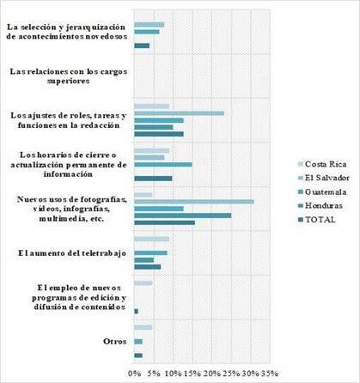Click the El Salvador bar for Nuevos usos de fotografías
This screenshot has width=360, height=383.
tap(194, 202)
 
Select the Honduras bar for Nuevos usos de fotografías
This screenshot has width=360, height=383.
tap(183, 216)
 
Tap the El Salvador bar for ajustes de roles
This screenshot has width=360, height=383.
tap(179, 113)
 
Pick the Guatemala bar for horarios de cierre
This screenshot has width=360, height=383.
tap(163, 165)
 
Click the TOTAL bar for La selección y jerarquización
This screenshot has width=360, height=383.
tap(142, 46)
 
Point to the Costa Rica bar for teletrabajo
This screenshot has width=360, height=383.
tap(152, 239)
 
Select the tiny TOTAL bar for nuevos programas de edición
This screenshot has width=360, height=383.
tap(136, 311)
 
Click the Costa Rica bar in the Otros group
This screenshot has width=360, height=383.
tap(143, 327)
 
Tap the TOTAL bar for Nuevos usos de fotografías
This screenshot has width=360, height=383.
tap(165, 222)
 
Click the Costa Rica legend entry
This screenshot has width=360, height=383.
tap(322, 164)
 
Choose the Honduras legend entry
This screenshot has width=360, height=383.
tap(320, 205)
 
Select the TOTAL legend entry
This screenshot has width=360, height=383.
tap(317, 220)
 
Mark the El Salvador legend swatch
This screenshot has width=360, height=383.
tap(300, 178)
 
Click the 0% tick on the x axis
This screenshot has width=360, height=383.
tap(135, 374)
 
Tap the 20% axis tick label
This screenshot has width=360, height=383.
tap(212, 374)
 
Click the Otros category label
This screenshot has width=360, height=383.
tap(115, 342)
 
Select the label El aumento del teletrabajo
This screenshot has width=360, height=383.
tap(72, 253)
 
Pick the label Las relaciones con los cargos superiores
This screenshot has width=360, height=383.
tap(69, 76)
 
